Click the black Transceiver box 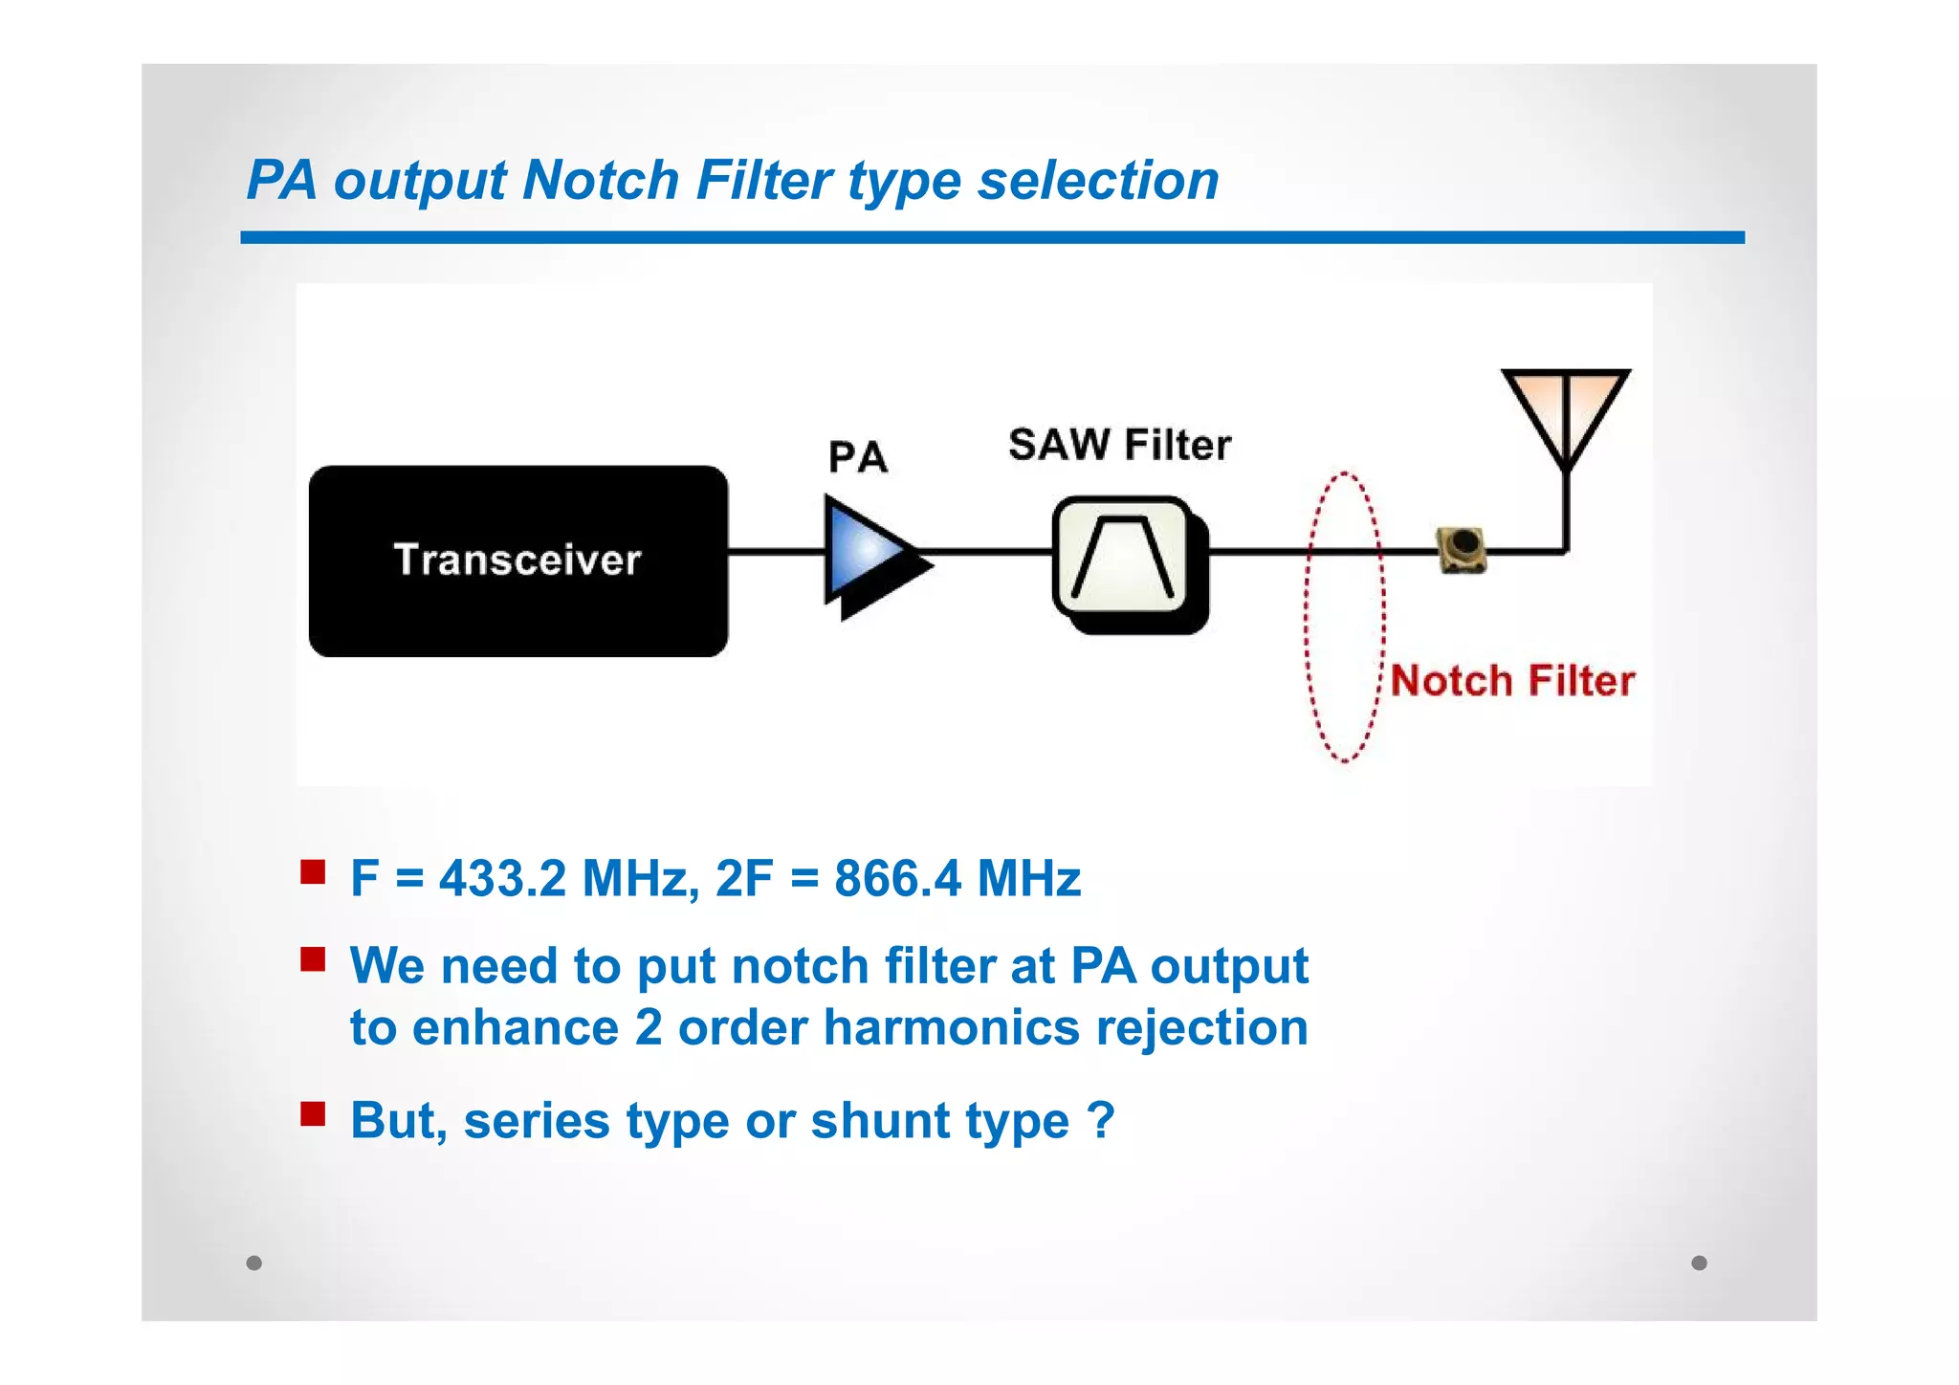point(517,561)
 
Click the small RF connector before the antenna point(1462,549)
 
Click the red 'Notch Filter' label point(1512,681)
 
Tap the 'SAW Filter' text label point(1119,446)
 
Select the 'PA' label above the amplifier point(858,457)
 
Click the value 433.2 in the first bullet point(502,878)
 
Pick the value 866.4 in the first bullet point(897,878)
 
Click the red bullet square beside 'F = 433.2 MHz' point(313,872)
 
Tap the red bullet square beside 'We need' point(313,959)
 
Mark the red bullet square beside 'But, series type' point(313,1114)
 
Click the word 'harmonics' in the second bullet point(951,1028)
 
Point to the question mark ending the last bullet point(1102,1119)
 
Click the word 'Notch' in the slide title point(601,180)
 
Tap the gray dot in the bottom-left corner point(253,1263)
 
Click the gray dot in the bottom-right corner point(1699,1263)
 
